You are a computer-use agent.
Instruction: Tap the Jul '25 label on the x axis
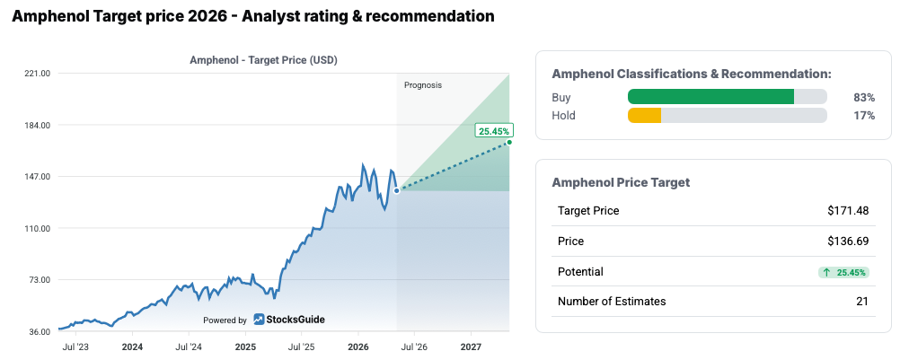tap(302, 347)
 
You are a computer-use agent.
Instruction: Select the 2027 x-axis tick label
tap(471, 347)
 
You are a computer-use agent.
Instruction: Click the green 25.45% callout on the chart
tap(494, 131)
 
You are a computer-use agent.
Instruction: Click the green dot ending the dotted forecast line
tap(509, 142)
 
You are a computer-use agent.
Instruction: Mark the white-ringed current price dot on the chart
tap(396, 190)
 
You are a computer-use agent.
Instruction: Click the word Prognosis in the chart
tap(423, 85)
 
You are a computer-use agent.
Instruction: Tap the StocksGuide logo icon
tap(259, 320)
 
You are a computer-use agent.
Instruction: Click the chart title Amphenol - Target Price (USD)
tap(264, 60)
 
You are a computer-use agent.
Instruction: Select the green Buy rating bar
tap(710, 97)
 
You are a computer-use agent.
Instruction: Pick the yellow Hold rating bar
tap(645, 116)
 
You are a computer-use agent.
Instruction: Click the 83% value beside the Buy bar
tap(864, 97)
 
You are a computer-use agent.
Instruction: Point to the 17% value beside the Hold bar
tap(864, 116)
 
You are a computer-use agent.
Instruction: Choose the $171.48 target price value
tap(848, 211)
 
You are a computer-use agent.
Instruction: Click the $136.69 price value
tap(848, 241)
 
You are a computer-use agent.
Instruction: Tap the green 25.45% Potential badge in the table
tap(844, 272)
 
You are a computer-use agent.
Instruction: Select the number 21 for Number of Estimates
tap(862, 302)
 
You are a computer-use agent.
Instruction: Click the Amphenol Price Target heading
tap(621, 182)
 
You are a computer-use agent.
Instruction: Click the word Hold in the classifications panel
tap(563, 116)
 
